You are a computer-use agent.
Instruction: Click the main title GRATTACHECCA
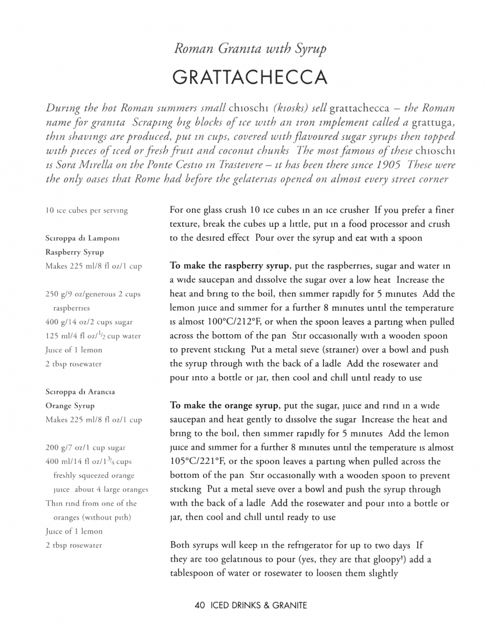point(249,78)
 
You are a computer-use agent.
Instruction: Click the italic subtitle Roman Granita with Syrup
point(249,49)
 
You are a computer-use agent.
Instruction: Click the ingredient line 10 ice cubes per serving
point(86,210)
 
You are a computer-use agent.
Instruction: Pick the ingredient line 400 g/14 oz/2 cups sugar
point(88,322)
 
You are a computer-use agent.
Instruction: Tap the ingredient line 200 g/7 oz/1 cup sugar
point(85,448)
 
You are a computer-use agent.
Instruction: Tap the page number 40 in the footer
point(199,606)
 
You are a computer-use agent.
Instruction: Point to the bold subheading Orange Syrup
point(70,405)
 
